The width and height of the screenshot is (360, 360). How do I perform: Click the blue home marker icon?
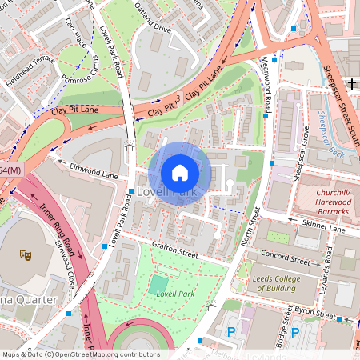[180, 172]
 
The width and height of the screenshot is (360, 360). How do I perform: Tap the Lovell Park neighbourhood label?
[166, 193]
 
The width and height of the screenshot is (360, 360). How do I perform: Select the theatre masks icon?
[26, 254]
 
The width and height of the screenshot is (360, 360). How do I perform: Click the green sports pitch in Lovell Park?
[159, 284]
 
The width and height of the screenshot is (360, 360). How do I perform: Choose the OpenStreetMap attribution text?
[80, 354]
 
